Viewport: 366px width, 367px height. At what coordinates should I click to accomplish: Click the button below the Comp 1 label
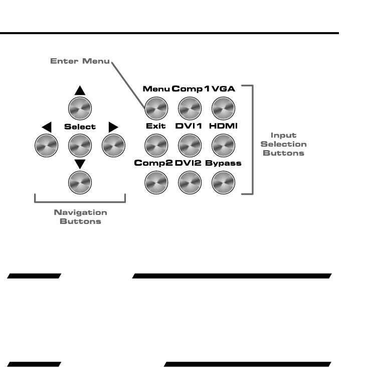(x=190, y=107)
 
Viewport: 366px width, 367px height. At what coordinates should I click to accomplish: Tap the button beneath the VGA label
(x=223, y=107)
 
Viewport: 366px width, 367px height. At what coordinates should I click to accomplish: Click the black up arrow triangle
(x=80, y=91)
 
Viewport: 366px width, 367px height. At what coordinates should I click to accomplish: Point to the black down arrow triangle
(x=80, y=163)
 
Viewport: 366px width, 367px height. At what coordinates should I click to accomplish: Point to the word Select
(x=80, y=127)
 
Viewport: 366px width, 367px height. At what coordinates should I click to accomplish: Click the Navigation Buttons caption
(x=80, y=216)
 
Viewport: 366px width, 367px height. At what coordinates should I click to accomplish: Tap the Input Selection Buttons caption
(x=283, y=144)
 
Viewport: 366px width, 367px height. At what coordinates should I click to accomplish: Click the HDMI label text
(x=223, y=126)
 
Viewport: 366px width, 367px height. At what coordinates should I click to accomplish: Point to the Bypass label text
(x=223, y=163)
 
